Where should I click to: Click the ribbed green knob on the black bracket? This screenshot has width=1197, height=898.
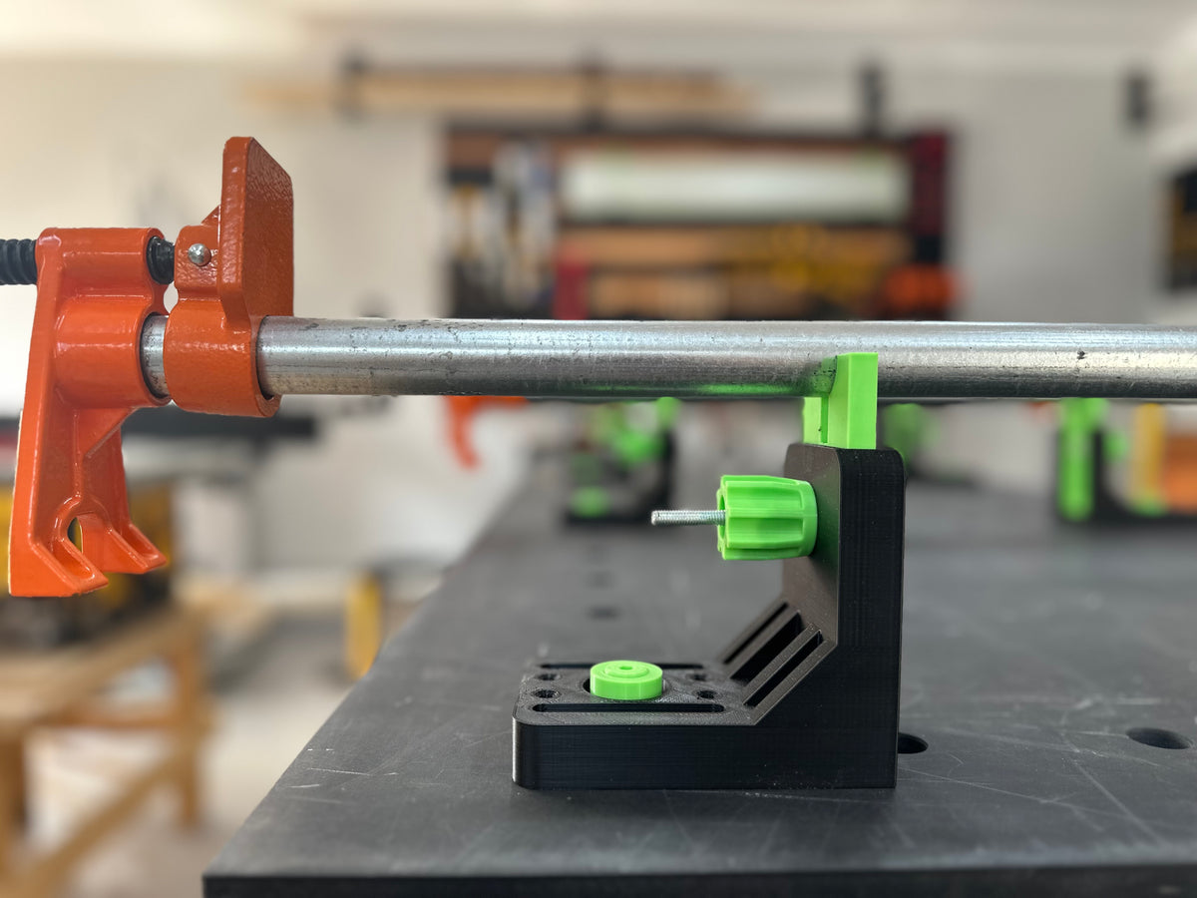766,517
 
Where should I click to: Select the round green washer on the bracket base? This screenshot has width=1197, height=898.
626,679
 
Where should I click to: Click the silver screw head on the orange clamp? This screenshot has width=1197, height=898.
199,254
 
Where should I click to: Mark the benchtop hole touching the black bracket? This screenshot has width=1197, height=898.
911,743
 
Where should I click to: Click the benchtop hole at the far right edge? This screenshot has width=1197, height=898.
1157,738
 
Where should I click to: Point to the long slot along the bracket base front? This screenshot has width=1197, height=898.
628,707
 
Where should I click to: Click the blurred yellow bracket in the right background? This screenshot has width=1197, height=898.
1147,454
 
